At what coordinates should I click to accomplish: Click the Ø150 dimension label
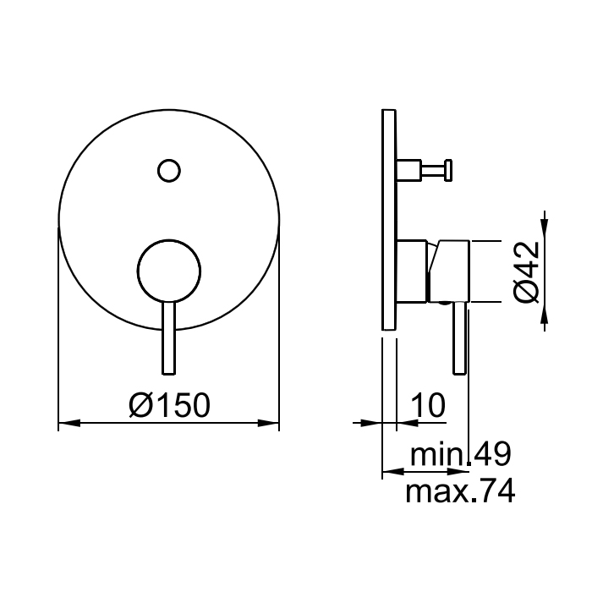(169, 405)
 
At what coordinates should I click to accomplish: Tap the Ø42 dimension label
(526, 271)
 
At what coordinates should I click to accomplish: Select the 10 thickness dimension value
(428, 405)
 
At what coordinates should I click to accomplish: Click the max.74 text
(460, 491)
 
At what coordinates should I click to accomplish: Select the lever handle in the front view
(169, 338)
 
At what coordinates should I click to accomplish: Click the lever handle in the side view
(459, 338)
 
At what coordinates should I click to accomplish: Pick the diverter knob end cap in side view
(448, 170)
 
